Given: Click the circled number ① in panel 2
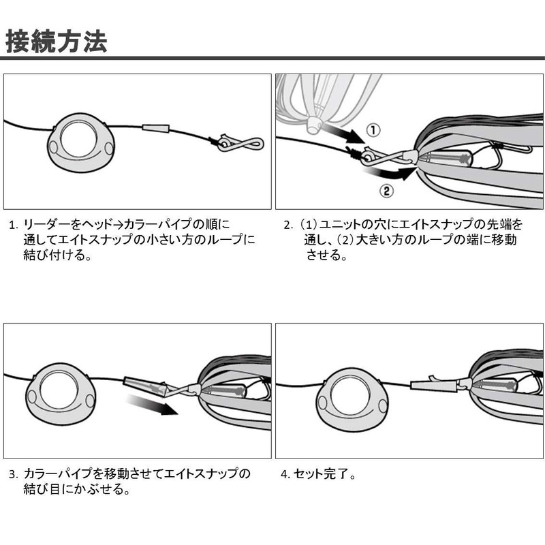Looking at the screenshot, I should [x=373, y=129].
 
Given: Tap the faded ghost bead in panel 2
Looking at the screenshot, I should [x=314, y=125].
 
